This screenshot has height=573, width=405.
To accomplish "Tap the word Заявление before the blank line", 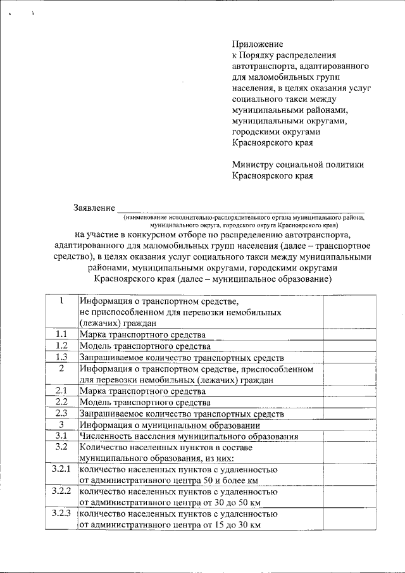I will tap(94, 207).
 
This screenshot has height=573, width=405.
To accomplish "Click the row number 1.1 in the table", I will tap(61, 334).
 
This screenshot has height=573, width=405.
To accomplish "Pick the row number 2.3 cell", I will tap(61, 413).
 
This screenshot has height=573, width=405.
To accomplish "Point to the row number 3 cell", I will tap(61, 424).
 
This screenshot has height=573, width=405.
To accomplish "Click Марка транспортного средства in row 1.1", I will tap(142, 335).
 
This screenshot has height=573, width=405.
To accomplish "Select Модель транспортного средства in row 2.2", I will tap(144, 402).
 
